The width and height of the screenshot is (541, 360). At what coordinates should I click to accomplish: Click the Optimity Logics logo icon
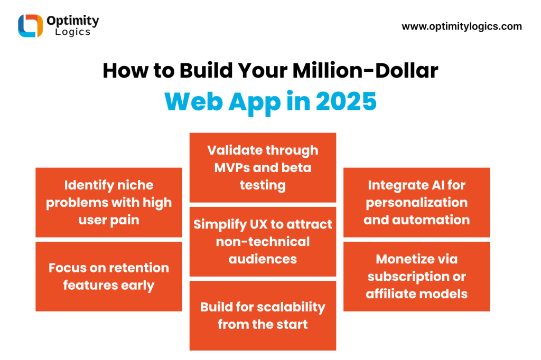[30, 25]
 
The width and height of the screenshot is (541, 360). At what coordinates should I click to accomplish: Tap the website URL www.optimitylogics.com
[462, 26]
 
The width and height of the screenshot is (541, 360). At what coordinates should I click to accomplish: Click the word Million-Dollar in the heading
[366, 70]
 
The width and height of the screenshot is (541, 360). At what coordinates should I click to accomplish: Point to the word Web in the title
[193, 101]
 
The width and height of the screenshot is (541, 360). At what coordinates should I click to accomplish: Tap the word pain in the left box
[125, 220]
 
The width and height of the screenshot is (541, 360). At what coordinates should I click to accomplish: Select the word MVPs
[232, 168]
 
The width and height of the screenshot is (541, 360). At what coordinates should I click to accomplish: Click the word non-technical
[263, 242]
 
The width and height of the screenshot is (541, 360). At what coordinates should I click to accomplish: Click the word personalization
[417, 203]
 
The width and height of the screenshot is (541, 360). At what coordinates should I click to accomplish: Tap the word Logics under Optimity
[73, 32]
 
